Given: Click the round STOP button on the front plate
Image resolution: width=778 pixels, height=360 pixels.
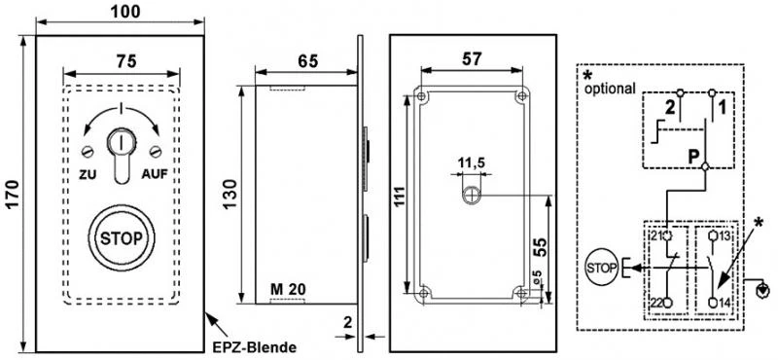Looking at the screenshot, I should tap(121, 236).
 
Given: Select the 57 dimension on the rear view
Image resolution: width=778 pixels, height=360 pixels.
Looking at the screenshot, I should tap(472, 60).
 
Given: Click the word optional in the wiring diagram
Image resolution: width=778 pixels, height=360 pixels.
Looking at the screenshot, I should tap(611, 88).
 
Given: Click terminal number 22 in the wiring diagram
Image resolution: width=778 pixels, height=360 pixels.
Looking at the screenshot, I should tap(656, 304).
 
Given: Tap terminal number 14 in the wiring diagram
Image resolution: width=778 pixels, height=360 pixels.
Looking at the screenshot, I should tap(725, 304).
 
